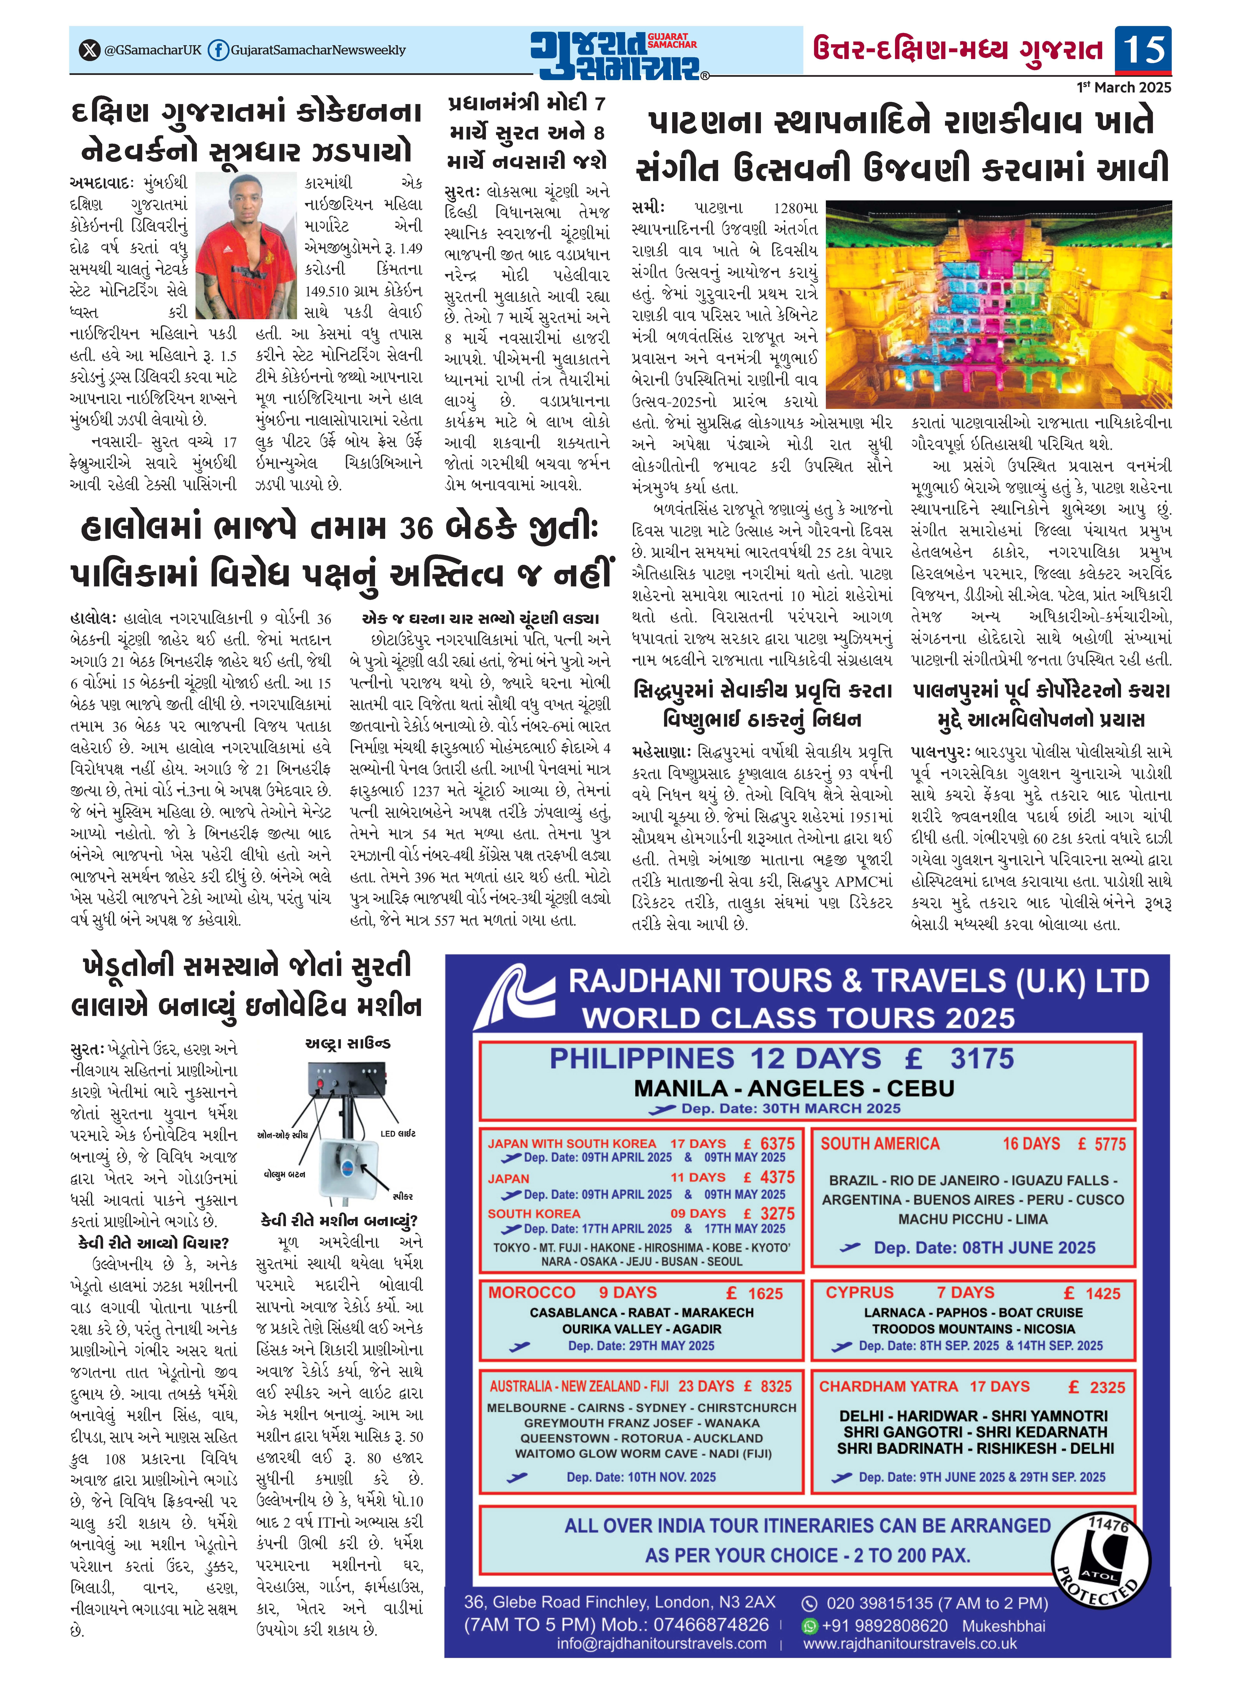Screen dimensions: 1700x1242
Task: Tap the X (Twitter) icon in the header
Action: (x=89, y=50)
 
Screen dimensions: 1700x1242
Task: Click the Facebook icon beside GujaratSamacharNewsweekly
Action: (x=218, y=50)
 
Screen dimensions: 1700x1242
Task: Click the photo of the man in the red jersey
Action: (x=246, y=244)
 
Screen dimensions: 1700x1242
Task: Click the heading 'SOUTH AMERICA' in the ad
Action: (x=880, y=1144)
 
